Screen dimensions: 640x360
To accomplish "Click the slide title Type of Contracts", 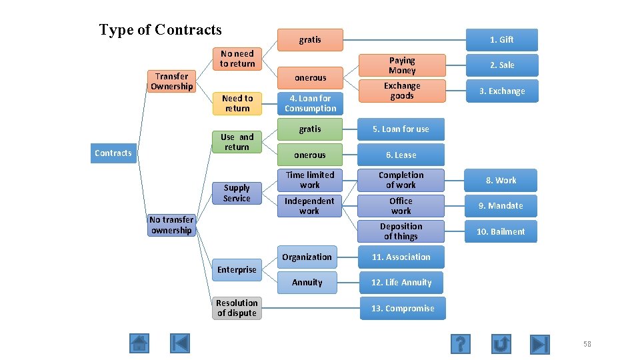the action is coord(160,30).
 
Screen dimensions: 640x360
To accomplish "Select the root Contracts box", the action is coord(113,153).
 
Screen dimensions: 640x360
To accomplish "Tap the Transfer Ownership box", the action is coord(171,81).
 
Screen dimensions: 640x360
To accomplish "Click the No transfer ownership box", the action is coord(171,225).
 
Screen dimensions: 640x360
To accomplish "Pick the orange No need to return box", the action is coord(237,59).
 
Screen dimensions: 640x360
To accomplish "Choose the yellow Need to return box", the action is coord(237,103).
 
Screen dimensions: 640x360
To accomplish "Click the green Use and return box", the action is coord(237,142).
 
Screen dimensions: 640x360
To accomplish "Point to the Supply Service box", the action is coord(237,193).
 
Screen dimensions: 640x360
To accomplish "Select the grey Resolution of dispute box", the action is coord(237,308).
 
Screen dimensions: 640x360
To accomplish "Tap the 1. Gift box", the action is coord(501,39).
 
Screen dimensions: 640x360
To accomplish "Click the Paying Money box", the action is coord(402,65).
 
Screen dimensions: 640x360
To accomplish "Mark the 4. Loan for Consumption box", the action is coord(310,103).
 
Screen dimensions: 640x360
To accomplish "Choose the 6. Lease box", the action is coord(402,155).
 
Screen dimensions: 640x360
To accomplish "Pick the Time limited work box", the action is coord(310,180).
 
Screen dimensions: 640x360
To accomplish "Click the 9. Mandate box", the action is coord(505,206).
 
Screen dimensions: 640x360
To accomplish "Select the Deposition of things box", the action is coord(401,231).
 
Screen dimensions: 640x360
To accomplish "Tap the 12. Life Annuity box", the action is coord(402,283).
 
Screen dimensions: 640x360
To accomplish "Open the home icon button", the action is coord(139,343).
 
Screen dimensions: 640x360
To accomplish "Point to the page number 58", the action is coord(587,344).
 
